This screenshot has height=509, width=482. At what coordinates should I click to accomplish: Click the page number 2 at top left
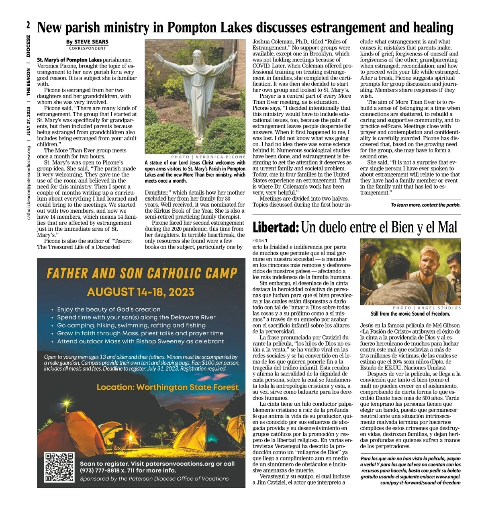(x=28, y=25)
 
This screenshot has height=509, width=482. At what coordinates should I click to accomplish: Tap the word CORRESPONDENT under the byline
(x=88, y=48)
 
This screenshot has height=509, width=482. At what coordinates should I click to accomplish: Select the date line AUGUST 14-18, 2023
(x=140, y=292)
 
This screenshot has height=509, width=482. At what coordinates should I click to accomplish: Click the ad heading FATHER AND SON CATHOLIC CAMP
(x=142, y=274)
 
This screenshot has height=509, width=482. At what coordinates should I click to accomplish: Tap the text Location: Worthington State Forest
(x=167, y=388)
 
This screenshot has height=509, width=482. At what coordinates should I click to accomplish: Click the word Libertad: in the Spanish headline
(x=276, y=228)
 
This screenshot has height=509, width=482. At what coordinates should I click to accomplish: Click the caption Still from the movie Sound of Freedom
(x=410, y=314)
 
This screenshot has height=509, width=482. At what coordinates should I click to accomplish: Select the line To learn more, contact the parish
(x=425, y=205)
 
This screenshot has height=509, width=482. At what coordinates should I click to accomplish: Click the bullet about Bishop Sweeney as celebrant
(x=140, y=341)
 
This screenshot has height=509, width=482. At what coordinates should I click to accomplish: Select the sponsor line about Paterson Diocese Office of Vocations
(x=154, y=479)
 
